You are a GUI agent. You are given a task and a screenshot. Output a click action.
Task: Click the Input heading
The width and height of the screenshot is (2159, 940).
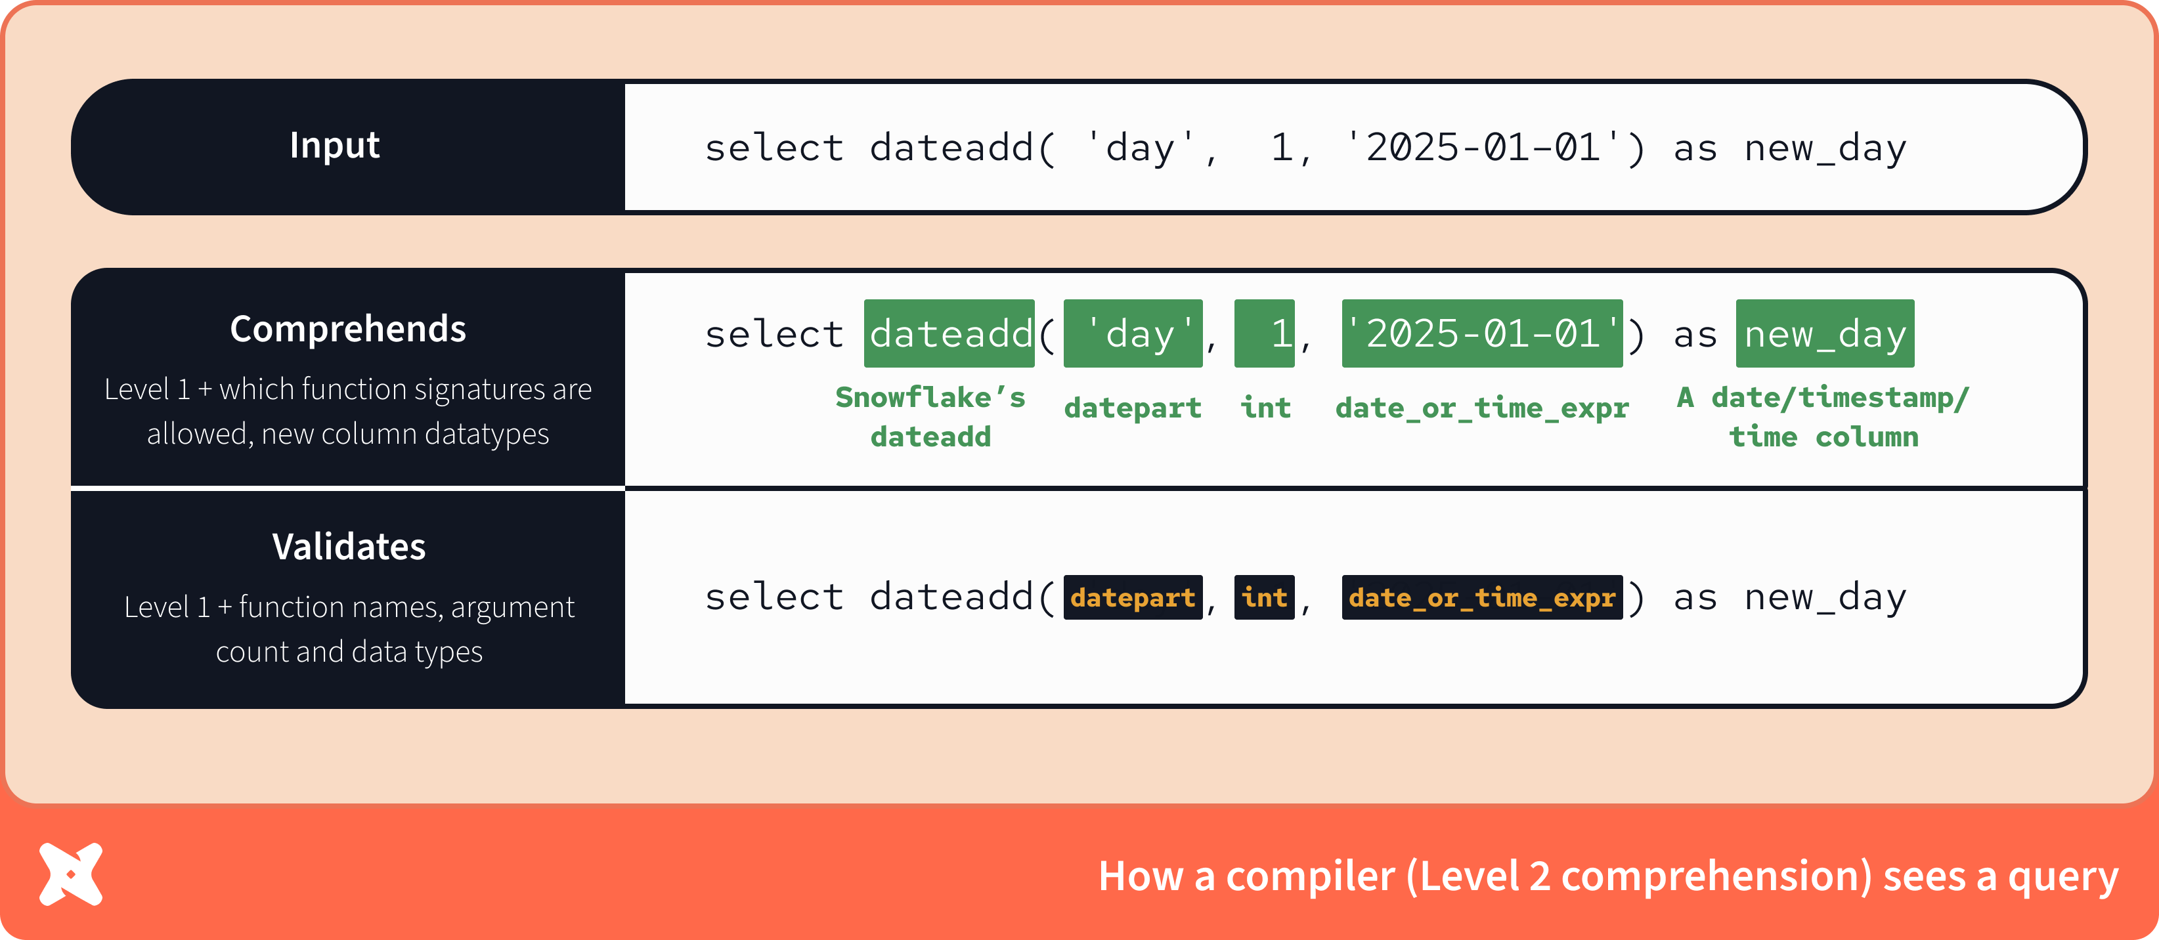334,145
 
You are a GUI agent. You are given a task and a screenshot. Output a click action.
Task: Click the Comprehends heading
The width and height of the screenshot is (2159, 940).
348,328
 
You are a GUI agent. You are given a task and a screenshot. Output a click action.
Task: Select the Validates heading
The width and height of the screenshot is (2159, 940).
349,546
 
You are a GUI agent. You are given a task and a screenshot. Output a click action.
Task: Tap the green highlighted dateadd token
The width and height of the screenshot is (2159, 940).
949,333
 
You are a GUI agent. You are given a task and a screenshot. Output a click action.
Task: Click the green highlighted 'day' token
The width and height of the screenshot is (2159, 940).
1132,333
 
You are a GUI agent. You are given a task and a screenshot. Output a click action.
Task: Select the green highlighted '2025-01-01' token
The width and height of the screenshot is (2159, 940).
1482,333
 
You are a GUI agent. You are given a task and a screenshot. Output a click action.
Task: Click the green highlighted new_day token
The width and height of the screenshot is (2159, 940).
1825,333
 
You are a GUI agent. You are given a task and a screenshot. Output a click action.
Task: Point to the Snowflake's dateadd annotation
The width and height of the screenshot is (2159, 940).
930,416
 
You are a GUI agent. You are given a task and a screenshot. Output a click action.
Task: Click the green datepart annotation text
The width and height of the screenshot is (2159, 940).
1132,408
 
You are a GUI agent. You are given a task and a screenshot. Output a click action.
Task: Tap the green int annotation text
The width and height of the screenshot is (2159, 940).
1265,408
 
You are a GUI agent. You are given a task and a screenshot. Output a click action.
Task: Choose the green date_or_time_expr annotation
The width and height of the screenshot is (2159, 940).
1482,408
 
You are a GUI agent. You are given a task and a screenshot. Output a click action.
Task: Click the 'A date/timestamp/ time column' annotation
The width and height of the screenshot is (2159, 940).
1823,416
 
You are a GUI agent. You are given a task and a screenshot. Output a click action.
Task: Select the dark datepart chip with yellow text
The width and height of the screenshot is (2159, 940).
1132,597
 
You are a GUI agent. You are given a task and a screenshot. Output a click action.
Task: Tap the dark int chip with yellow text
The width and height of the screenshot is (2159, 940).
1264,597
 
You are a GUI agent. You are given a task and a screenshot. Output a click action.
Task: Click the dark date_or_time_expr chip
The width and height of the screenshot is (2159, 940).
1482,597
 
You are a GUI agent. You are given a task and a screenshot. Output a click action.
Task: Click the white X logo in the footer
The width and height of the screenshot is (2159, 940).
71,874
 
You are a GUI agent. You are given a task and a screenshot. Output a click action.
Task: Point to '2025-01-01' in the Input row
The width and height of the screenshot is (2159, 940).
1482,148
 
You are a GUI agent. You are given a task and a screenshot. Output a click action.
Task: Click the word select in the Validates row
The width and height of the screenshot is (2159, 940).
774,597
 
